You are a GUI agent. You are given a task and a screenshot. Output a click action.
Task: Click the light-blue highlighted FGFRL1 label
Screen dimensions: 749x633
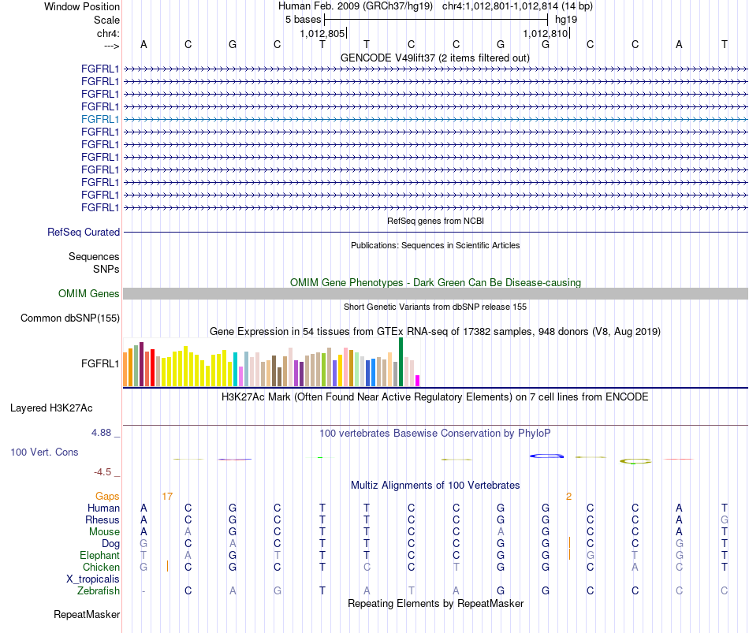pos(100,120)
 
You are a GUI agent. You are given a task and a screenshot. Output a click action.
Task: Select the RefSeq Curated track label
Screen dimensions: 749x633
pos(84,233)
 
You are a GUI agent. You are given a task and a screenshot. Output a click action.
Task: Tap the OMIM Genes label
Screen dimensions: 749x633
pos(89,294)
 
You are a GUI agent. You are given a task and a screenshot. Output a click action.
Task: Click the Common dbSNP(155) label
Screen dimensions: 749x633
pos(70,318)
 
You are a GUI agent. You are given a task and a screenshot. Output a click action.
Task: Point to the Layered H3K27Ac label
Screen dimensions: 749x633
pos(51,408)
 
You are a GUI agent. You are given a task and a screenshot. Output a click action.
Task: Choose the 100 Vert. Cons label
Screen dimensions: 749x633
pos(44,452)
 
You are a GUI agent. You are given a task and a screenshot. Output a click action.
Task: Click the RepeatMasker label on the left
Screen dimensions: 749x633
pos(87,614)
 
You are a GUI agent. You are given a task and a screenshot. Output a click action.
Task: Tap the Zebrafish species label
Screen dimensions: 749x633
pos(99,591)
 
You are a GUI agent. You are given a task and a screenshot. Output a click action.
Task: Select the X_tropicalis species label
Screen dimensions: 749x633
pos(93,579)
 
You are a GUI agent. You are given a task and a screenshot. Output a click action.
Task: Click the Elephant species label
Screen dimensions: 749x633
pos(100,555)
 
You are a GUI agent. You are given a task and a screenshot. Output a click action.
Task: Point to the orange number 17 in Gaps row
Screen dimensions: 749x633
pos(167,497)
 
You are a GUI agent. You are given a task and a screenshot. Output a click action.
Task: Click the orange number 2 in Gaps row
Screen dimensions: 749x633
pos(569,497)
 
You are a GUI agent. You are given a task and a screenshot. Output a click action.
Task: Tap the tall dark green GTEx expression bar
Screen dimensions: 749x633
pos(401,362)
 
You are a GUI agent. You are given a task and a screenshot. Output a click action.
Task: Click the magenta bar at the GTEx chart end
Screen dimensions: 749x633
pos(418,381)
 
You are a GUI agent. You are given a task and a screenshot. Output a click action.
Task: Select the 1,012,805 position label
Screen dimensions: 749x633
pos(322,33)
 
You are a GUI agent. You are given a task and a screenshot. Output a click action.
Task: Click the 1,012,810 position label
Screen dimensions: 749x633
pos(545,33)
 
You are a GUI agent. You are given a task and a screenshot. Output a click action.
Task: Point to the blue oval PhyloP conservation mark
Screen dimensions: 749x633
pos(546,456)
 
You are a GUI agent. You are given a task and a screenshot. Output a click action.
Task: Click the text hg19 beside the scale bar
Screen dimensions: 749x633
pos(566,20)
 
